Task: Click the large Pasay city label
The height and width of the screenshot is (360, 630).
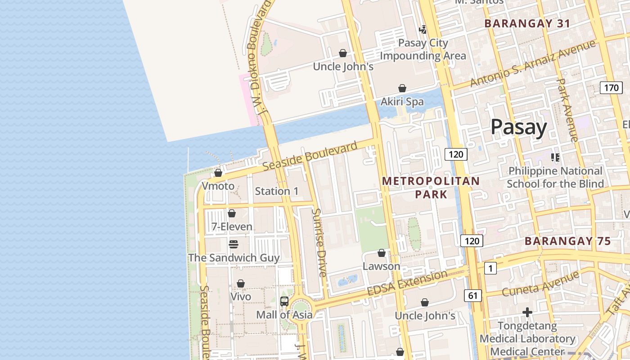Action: pos(518,127)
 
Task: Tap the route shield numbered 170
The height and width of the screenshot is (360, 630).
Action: pos(611,88)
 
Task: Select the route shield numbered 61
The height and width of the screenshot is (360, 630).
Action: pos(472,296)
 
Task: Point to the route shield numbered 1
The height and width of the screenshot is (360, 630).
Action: pos(490,269)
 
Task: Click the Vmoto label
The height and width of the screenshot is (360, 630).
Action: pos(218,186)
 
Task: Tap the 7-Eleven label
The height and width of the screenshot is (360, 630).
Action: pos(232,226)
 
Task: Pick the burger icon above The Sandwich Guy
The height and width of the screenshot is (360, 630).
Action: pos(233,244)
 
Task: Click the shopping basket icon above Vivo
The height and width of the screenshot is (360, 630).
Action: pos(241,283)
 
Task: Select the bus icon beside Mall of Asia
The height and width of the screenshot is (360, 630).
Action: pos(284,301)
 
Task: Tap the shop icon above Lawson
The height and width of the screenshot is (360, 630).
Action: pos(382,253)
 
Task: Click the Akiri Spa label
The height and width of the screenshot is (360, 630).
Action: pos(402,102)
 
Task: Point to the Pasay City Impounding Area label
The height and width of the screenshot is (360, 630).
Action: pos(423,49)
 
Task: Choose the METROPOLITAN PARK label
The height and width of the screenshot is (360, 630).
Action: pos(431,188)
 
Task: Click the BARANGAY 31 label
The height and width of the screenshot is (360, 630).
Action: pos(527,24)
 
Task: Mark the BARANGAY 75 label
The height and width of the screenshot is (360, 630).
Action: pos(568,241)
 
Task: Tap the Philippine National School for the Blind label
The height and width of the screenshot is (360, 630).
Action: pos(555,177)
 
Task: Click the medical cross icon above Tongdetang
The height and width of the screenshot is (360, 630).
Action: pos(527,312)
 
